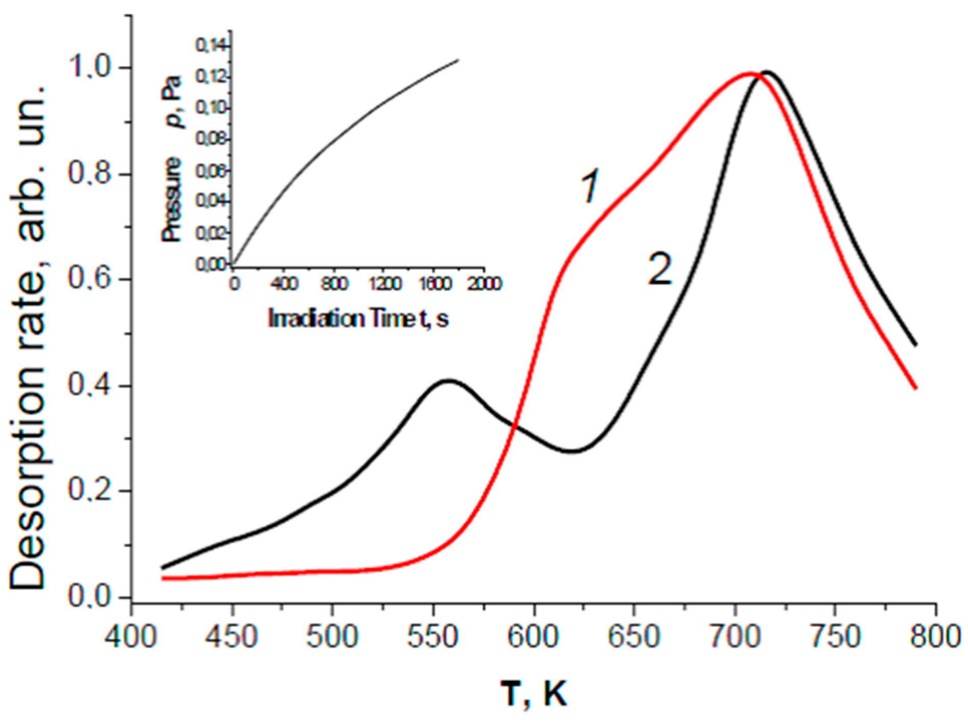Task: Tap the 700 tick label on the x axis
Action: point(734,637)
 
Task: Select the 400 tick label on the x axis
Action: point(131,637)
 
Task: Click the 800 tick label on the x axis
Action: point(935,637)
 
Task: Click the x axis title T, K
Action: point(534,694)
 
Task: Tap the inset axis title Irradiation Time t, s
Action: point(358,319)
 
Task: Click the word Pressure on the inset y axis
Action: point(172,199)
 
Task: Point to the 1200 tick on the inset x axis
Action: point(385,283)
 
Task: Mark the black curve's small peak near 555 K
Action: point(448,380)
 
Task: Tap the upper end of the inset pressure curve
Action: point(458,60)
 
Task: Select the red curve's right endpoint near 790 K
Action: point(916,388)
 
